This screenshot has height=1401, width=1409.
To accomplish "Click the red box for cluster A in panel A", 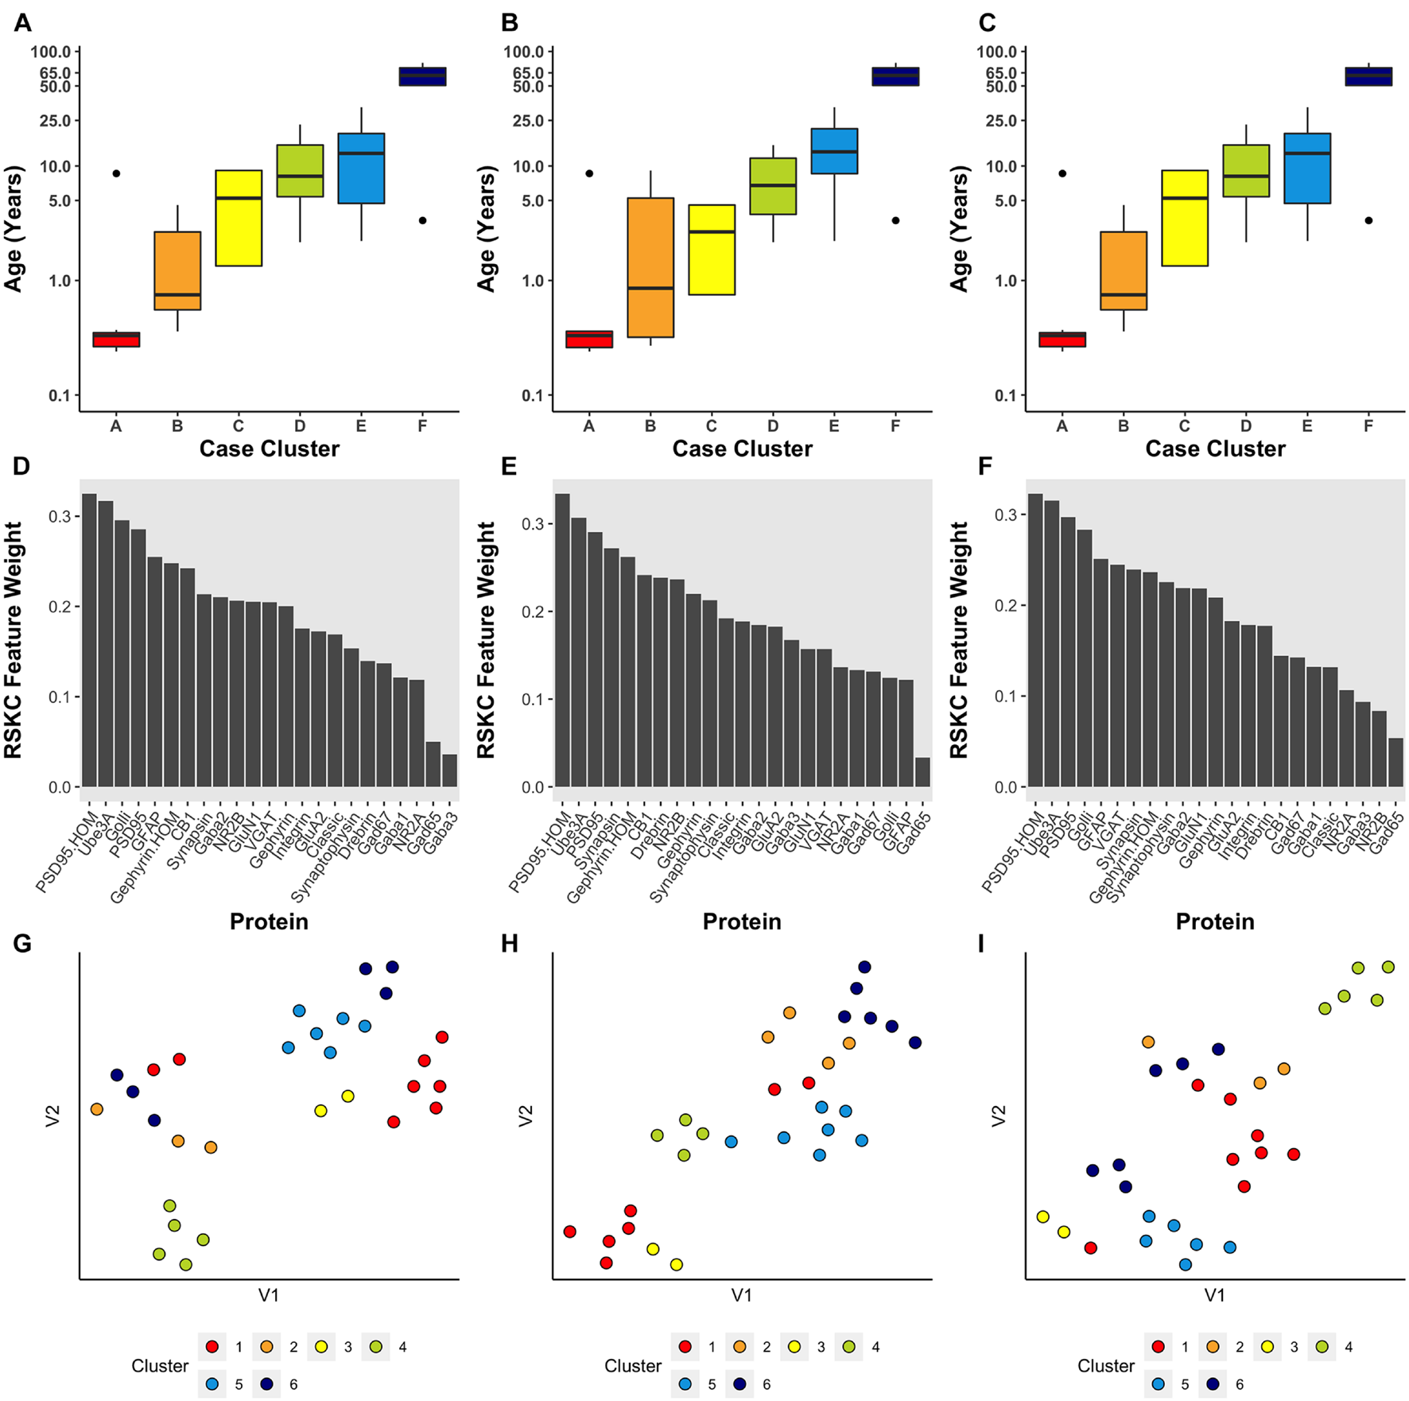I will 116,340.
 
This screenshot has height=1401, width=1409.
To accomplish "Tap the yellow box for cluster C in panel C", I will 1184,218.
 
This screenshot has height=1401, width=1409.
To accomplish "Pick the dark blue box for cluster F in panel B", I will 895,76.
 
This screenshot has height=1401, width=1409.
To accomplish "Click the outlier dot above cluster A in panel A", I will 116,173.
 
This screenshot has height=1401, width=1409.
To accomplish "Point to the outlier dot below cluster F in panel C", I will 1368,220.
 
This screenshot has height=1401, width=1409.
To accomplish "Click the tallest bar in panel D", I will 89,640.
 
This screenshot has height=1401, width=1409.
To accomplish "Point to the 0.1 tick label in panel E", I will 534,700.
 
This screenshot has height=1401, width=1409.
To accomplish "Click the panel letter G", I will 22,944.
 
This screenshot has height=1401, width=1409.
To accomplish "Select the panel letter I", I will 981,944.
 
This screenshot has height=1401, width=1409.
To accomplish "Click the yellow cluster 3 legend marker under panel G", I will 321,1347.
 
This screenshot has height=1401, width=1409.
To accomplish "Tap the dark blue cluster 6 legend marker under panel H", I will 739,1384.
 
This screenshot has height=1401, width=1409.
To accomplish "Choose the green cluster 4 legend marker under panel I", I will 1322,1347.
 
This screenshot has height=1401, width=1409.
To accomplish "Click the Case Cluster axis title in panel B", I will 742,449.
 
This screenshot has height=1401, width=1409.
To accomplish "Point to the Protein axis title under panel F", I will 1215,922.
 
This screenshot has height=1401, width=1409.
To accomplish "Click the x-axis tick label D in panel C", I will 1246,426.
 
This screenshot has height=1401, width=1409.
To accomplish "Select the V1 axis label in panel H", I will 741,1295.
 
